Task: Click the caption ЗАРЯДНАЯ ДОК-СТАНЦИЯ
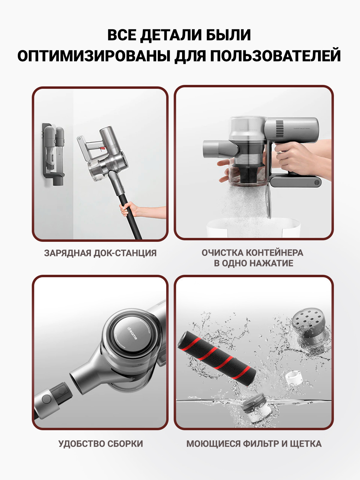click(100, 253)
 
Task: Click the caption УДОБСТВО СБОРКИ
click(100, 444)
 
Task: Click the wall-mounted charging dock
click(53, 154)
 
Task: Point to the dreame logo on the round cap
click(132, 333)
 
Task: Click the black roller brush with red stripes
click(217, 358)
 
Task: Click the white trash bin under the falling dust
click(253, 227)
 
